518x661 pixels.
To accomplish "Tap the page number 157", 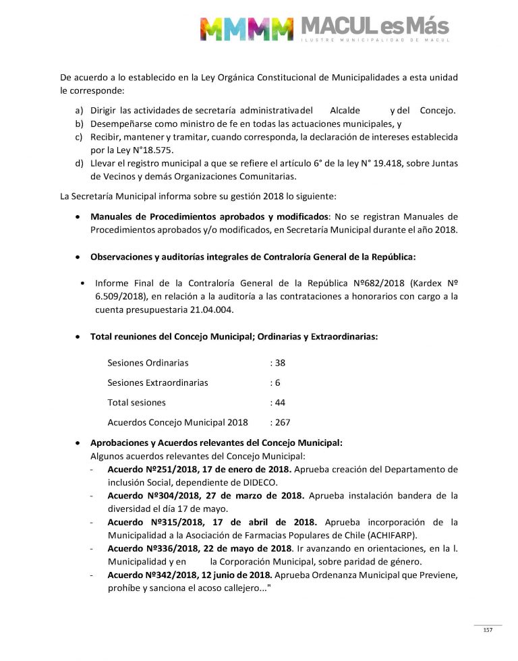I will pos(488,630).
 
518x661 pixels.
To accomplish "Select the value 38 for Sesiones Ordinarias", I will pos(278,363).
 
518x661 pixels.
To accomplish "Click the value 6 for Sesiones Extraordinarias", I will pos(275,382).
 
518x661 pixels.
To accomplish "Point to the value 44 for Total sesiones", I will pos(278,403).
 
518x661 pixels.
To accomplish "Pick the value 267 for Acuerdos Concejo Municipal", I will pos(281,423).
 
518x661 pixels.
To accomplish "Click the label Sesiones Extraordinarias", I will pos(158,382).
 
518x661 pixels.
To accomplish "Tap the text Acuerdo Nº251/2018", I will pos(149,469).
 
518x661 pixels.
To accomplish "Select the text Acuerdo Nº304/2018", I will pos(149,495).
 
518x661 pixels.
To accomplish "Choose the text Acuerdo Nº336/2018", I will pos(149,548).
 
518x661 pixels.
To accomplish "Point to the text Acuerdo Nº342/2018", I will pos(149,575).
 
